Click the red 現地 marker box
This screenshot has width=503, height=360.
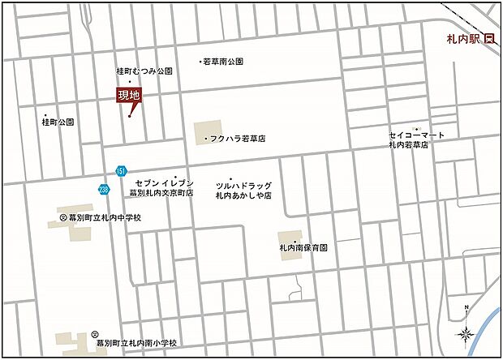pos(129,96)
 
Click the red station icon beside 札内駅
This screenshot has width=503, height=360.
pos(489,38)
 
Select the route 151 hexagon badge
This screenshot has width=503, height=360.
pos(121,171)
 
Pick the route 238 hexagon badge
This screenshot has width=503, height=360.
pos(104,189)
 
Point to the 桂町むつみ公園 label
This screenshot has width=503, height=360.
pos(144,71)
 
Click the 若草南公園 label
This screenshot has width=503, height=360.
pos(222,62)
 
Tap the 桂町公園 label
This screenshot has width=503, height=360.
pos(58,122)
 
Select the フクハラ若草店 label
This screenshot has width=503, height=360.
pos(237,139)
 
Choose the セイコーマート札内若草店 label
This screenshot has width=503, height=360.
pos(418,139)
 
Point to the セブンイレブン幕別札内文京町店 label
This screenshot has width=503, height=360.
pos(163,189)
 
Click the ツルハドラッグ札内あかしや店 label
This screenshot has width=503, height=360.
pos(243,191)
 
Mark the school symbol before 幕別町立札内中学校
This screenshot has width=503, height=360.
pos(63,218)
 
